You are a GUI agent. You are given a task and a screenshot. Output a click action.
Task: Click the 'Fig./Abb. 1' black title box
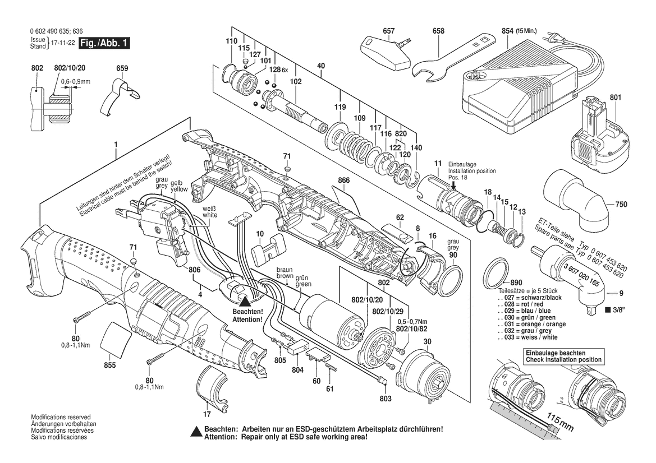104,43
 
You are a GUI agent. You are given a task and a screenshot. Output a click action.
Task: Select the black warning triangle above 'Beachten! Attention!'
245,302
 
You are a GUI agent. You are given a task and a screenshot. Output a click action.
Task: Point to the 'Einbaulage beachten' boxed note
563,356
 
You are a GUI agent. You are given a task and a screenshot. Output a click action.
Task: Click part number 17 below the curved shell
207,415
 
